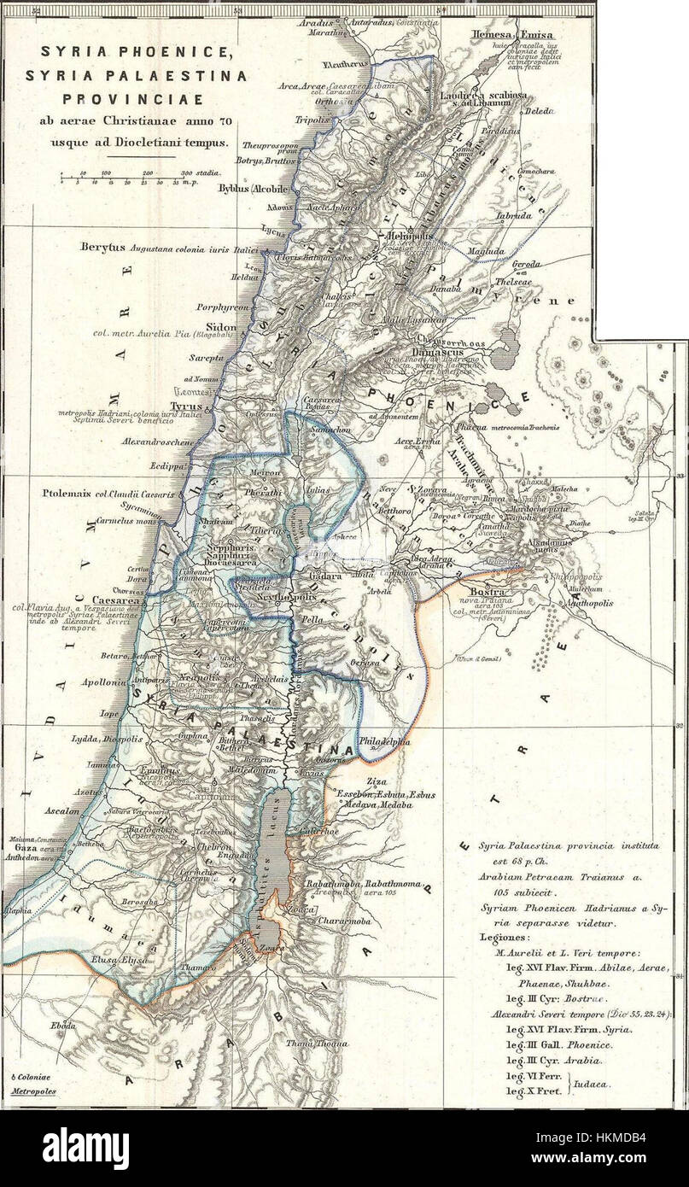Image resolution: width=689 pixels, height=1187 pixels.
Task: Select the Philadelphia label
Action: coord(386,742)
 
